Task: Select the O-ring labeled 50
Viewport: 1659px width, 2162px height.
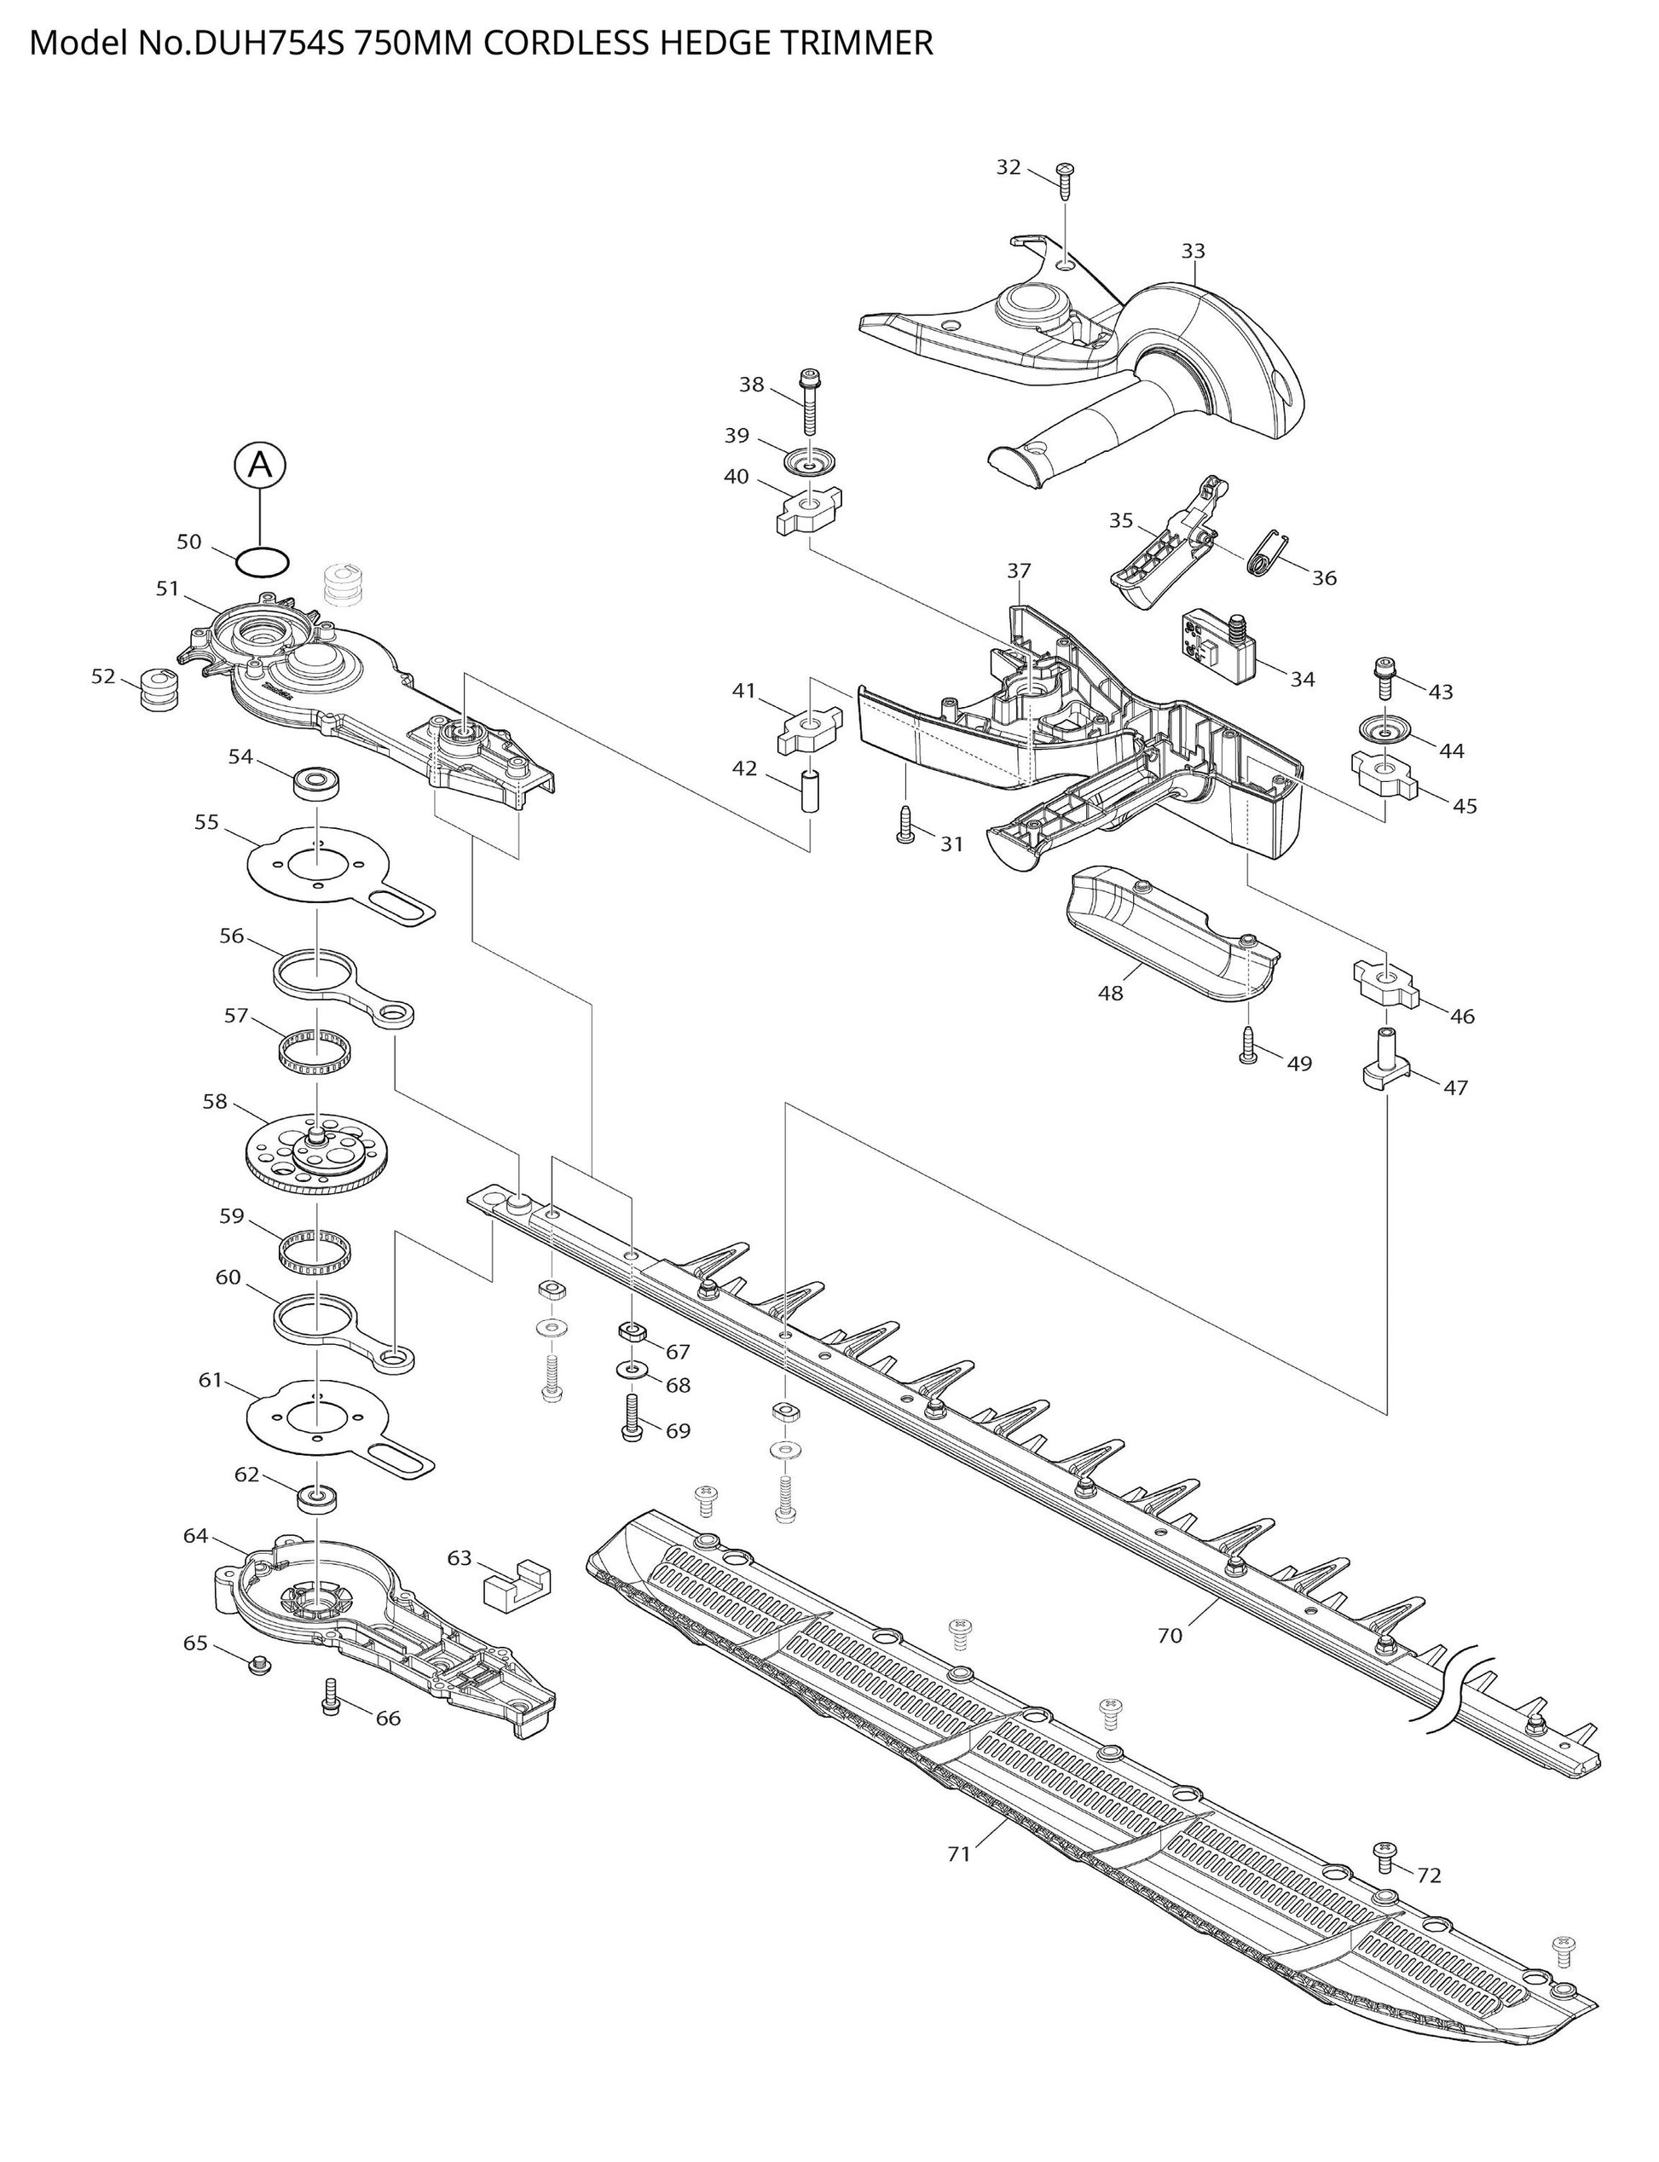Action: coord(263,562)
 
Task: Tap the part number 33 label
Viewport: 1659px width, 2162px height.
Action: coord(1193,251)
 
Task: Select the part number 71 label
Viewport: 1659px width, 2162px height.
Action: coord(959,1854)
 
